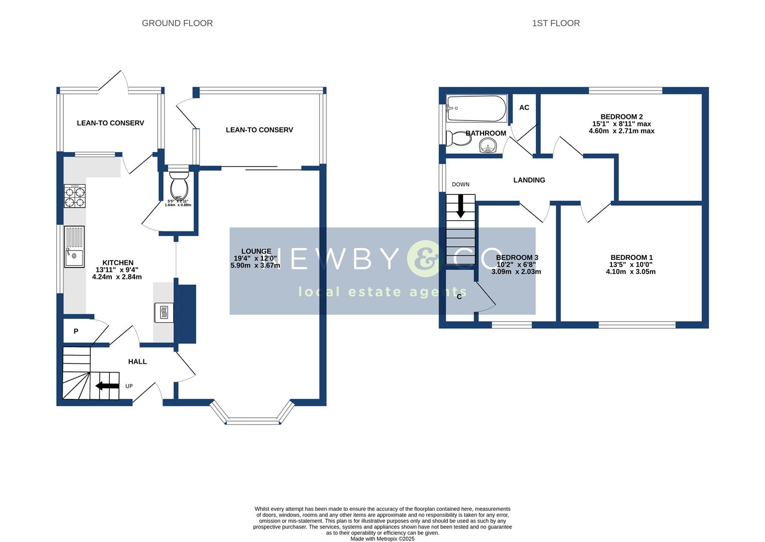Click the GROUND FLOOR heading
177,23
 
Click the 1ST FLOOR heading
556,23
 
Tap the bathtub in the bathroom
477,108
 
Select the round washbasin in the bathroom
488,146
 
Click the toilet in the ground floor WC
179,186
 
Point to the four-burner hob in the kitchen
74,196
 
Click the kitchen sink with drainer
74,247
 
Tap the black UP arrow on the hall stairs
106,386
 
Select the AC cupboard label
524,107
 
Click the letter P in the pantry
76,331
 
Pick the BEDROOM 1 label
631,257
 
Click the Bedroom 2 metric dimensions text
621,131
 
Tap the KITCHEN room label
118,262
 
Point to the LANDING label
529,180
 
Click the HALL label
137,361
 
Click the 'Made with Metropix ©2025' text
382,538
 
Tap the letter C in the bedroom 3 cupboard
459,297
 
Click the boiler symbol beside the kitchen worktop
164,313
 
